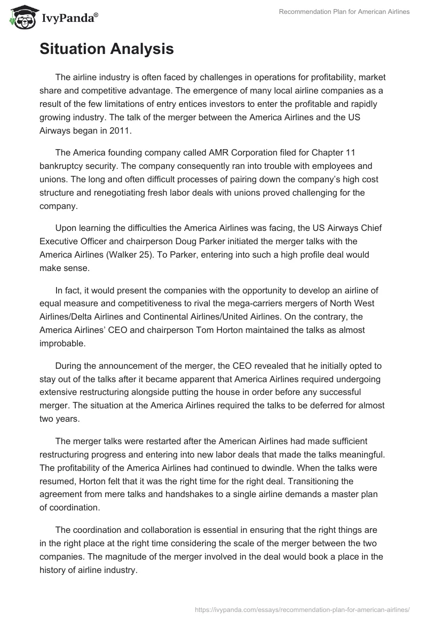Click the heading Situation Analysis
point(107,49)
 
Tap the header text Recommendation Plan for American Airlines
point(344,12)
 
